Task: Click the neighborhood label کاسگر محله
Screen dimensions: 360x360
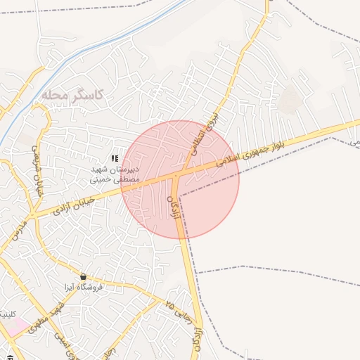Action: point(72,94)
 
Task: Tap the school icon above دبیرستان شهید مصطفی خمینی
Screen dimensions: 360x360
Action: point(115,159)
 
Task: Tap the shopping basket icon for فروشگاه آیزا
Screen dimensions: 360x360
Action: point(84,276)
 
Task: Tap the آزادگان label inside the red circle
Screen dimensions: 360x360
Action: point(174,208)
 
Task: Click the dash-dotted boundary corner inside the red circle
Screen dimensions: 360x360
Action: point(180,197)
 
